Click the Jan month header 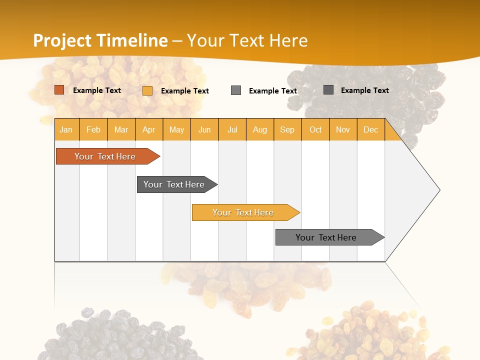66,129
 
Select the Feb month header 93,129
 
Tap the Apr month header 149,129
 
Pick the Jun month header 204,129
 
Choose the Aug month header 260,129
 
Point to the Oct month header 315,129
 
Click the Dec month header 370,129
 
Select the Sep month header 287,129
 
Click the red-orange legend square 59,90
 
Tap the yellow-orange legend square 147,90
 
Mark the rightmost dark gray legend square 328,90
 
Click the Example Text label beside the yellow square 185,91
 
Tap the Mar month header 121,129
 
